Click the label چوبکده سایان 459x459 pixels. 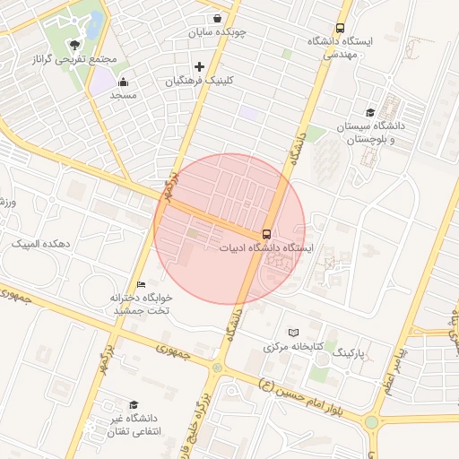[x=217, y=32]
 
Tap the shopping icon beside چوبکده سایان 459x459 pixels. [x=218, y=17]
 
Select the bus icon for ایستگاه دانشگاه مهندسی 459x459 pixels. [x=340, y=28]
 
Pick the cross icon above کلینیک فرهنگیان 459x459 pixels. [x=198, y=66]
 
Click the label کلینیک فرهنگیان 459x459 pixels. [x=199, y=80]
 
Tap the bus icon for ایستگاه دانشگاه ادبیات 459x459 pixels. [x=265, y=233]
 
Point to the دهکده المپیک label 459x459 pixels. [x=40, y=244]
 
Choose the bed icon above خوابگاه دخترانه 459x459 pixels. [x=141, y=284]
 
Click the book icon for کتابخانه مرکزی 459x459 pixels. [x=293, y=333]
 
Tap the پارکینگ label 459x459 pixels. [x=351, y=354]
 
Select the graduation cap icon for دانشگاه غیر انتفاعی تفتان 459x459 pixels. [x=134, y=405]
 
